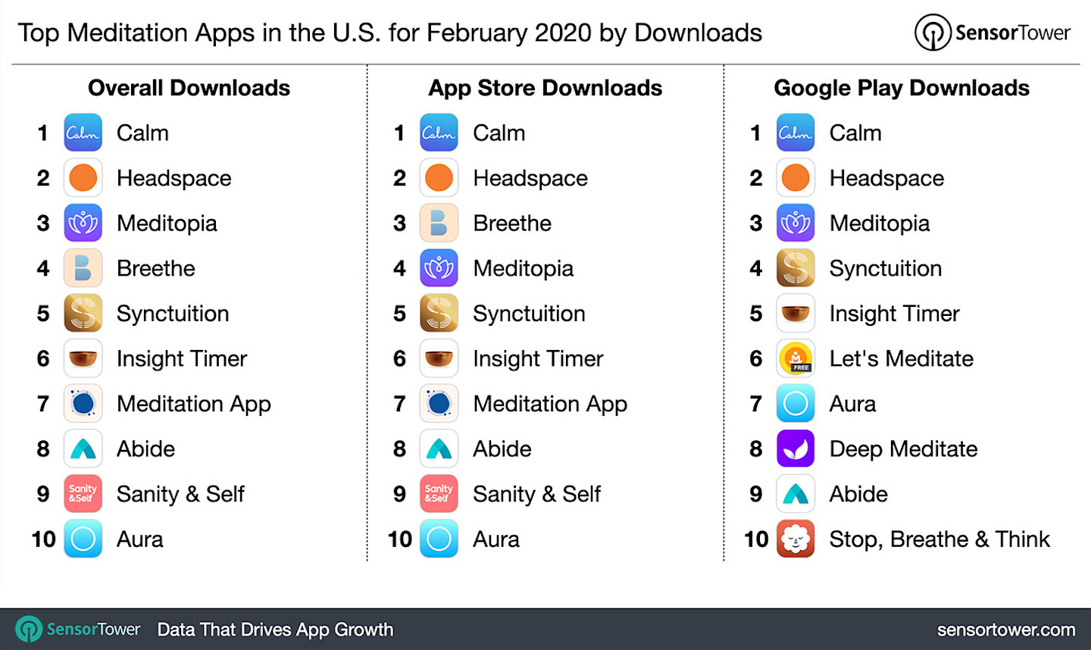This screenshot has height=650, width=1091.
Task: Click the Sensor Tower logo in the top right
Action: click(993, 33)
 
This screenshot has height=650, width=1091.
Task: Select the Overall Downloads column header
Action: click(189, 88)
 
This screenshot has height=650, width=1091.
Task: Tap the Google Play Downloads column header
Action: click(901, 88)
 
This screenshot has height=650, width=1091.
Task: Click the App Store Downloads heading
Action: click(545, 88)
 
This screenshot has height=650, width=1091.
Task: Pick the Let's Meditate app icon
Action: click(796, 358)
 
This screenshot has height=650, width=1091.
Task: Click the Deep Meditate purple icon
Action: click(796, 448)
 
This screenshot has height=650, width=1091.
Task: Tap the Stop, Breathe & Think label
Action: click(939, 539)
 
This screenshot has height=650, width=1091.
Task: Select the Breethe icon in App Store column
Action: click(439, 223)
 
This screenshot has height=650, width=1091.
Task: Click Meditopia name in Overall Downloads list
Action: click(167, 223)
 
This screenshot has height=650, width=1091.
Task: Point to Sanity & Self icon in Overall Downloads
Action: click(83, 494)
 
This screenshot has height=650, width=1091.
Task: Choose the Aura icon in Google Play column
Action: click(796, 404)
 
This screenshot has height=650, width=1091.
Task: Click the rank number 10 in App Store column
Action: click(399, 539)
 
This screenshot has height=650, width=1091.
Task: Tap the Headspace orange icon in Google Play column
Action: click(796, 178)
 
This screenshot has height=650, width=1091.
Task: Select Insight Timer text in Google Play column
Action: click(894, 314)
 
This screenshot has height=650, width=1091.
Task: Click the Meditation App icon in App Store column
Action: click(439, 404)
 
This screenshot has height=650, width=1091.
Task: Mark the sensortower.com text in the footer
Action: click(1005, 630)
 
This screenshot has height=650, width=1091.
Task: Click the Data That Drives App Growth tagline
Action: click(275, 630)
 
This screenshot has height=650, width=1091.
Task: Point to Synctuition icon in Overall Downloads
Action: click(83, 314)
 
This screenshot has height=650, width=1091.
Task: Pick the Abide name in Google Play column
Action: click(858, 494)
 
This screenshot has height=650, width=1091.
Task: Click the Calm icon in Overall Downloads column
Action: click(83, 133)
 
